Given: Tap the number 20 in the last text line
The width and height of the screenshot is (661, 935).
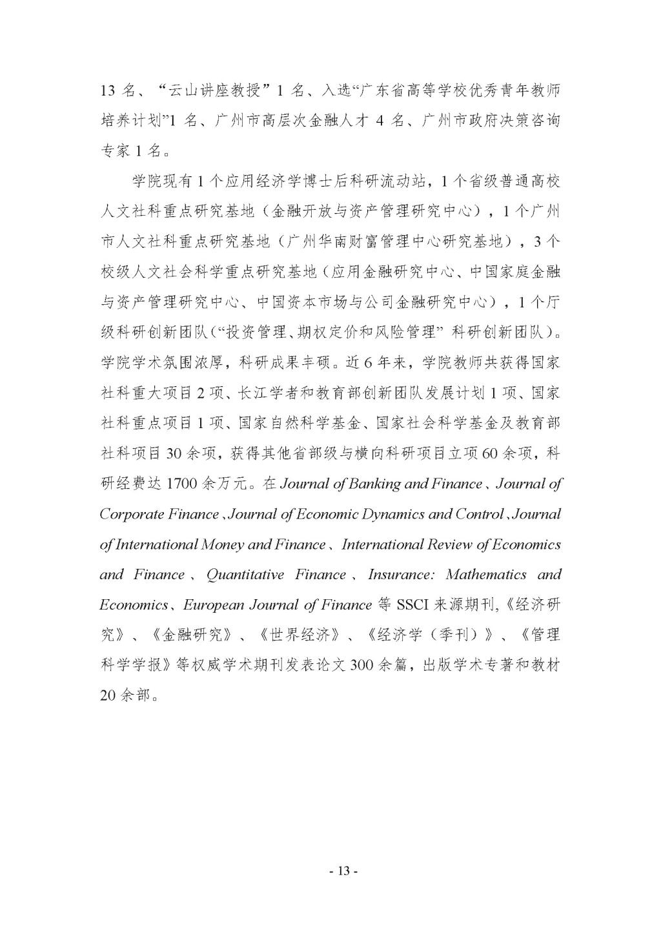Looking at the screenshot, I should tap(108, 696).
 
